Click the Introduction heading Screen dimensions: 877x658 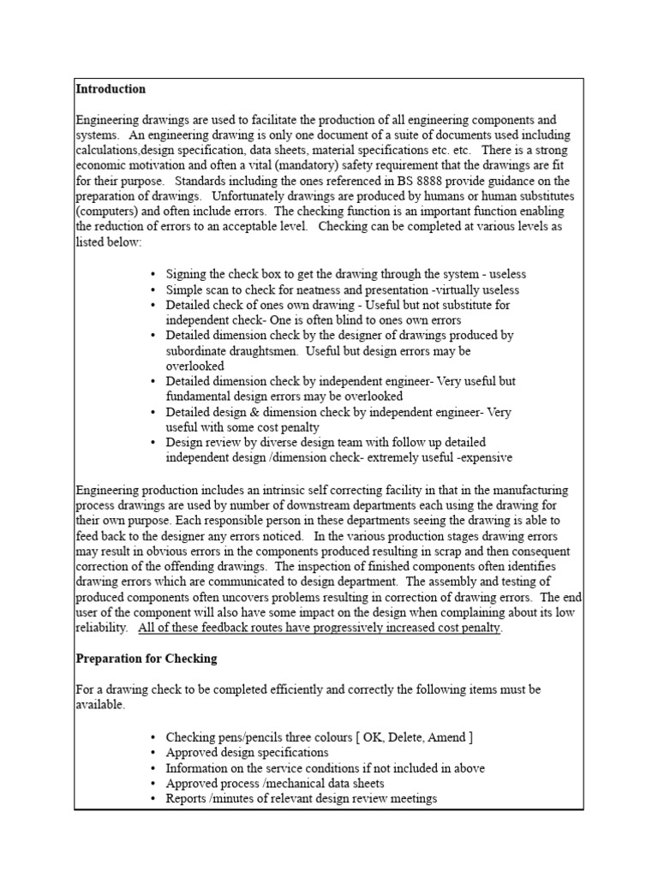tap(111, 89)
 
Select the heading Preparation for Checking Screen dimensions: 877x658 tap(147, 659)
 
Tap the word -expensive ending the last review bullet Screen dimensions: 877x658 tap(483, 458)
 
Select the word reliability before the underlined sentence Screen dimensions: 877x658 tap(102, 629)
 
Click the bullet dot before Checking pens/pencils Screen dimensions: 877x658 tap(153, 737)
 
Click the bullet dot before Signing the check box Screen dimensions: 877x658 tap(153, 274)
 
